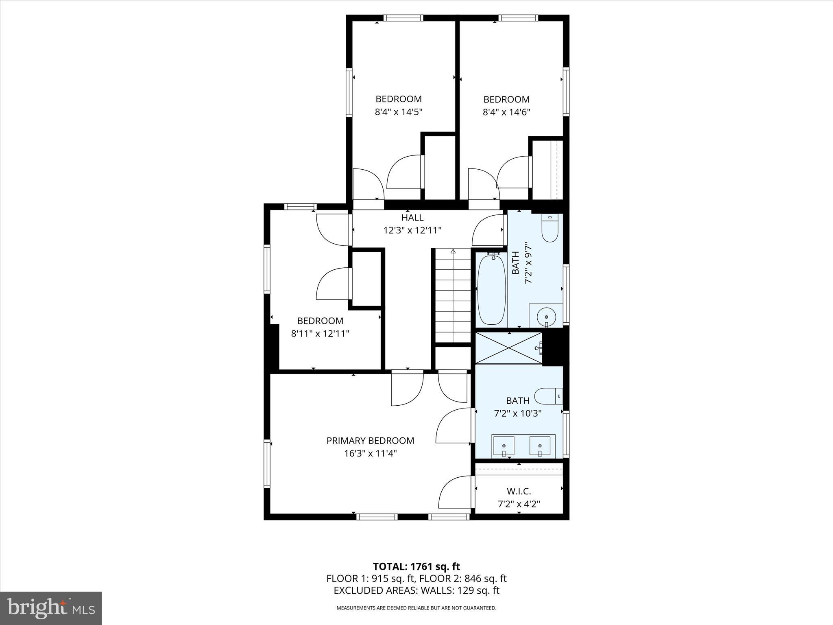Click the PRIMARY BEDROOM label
[x=370, y=441]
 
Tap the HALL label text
[x=412, y=218]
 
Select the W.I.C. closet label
[x=519, y=491]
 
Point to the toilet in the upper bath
[x=550, y=229]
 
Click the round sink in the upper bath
[x=546, y=315]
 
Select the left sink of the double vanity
[x=504, y=447]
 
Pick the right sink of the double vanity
[x=540, y=447]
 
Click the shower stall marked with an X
[x=509, y=348]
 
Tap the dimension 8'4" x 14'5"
[x=399, y=112]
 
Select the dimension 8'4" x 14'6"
[x=506, y=112]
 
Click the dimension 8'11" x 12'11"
[x=320, y=334]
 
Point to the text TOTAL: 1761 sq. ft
[x=416, y=566]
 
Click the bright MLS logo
[x=51, y=608]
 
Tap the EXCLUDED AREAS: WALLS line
[x=416, y=590]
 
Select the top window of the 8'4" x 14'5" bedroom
[x=403, y=18]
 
